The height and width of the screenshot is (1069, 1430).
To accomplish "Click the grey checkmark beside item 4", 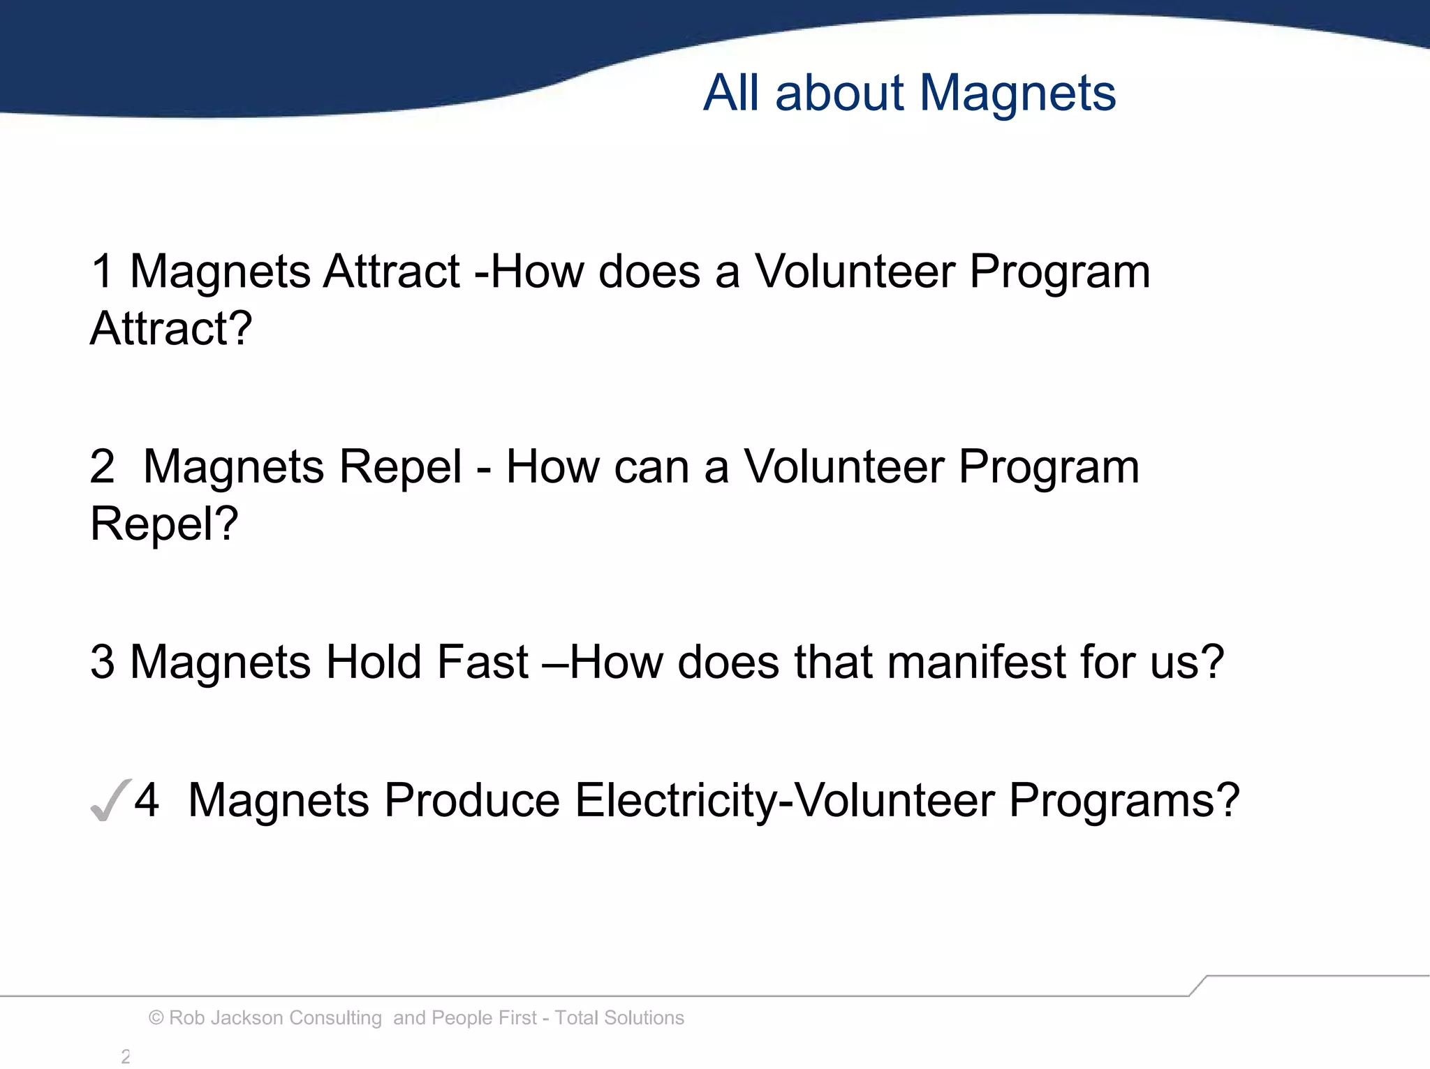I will [x=110, y=800].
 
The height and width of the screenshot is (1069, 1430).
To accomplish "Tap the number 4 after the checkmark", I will [x=147, y=800].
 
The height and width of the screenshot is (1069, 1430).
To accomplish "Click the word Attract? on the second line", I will [x=171, y=328].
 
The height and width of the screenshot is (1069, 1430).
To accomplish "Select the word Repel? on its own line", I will [x=164, y=524].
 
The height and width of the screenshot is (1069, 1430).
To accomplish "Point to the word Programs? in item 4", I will [x=1123, y=800].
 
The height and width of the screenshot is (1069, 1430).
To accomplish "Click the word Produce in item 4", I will [x=472, y=800].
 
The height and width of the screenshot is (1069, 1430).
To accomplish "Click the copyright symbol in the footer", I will [x=156, y=1018].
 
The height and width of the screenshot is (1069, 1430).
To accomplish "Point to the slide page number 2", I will [x=126, y=1056].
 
